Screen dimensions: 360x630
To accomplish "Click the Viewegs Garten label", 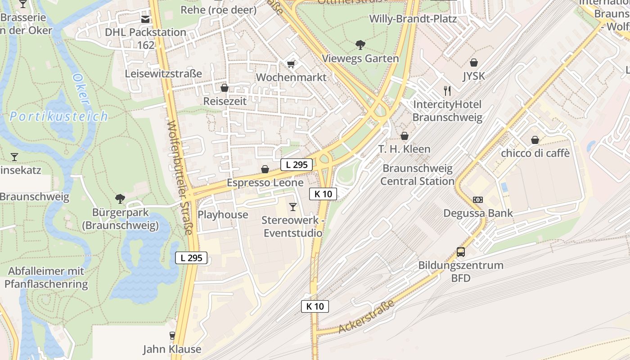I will click(x=360, y=58).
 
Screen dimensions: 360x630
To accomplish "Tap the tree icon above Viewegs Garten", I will click(x=360, y=45).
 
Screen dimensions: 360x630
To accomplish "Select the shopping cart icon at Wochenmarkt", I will click(x=291, y=64).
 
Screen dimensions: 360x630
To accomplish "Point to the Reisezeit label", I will click(x=225, y=101).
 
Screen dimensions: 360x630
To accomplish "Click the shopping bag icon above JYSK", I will click(x=473, y=63).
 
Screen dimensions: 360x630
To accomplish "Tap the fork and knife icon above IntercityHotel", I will click(x=447, y=91).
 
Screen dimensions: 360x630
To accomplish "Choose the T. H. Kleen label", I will click(x=404, y=149).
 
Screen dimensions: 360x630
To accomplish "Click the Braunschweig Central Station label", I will click(x=418, y=175).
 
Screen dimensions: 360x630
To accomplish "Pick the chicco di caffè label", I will click(x=535, y=153).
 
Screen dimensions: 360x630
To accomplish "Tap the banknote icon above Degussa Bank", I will click(x=477, y=200).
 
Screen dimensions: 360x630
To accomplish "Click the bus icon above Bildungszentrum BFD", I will click(x=461, y=252).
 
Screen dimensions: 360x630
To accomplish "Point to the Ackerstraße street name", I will click(x=366, y=317).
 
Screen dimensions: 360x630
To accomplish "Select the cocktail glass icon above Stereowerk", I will click(x=293, y=207).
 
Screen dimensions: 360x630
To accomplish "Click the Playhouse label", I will click(x=223, y=215).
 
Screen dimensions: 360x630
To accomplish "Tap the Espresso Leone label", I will click(x=265, y=183).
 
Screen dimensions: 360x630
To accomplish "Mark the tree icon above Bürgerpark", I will click(x=120, y=198).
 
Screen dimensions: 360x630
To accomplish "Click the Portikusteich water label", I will click(x=59, y=117).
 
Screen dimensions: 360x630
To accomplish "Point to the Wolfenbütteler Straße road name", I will click(x=180, y=178).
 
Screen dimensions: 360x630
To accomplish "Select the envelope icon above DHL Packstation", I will click(x=145, y=19).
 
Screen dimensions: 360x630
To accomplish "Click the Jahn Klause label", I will click(x=172, y=349).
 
